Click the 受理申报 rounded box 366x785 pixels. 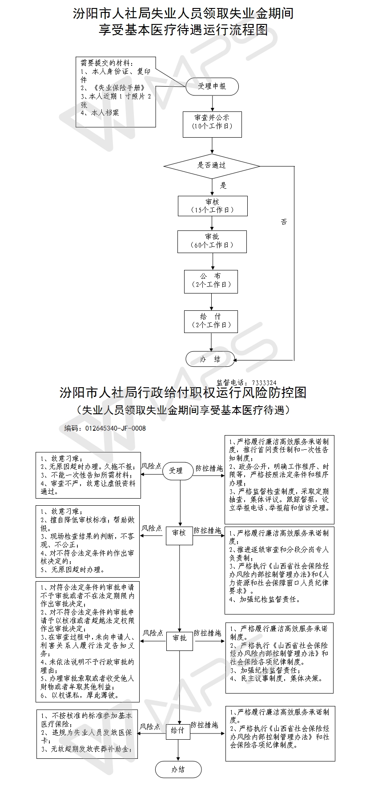point(212,86)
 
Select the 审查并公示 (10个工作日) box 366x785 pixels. point(212,122)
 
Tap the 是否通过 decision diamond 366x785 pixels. point(212,166)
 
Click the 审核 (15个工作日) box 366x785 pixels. point(212,206)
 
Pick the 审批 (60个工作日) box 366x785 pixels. point(212,241)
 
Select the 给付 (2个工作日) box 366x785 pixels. point(211,321)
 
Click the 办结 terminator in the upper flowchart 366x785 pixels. point(210,359)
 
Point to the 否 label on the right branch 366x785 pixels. point(284,222)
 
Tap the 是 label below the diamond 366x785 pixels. point(223,185)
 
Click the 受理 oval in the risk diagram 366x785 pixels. point(176,471)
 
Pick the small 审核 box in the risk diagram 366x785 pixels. point(179,532)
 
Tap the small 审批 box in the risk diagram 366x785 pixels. point(179,638)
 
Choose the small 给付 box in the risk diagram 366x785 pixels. point(177,730)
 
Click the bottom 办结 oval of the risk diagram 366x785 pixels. point(178,769)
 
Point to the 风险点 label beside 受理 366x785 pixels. point(152,467)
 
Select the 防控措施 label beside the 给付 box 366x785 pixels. point(205,725)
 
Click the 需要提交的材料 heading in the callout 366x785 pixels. point(107,63)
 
